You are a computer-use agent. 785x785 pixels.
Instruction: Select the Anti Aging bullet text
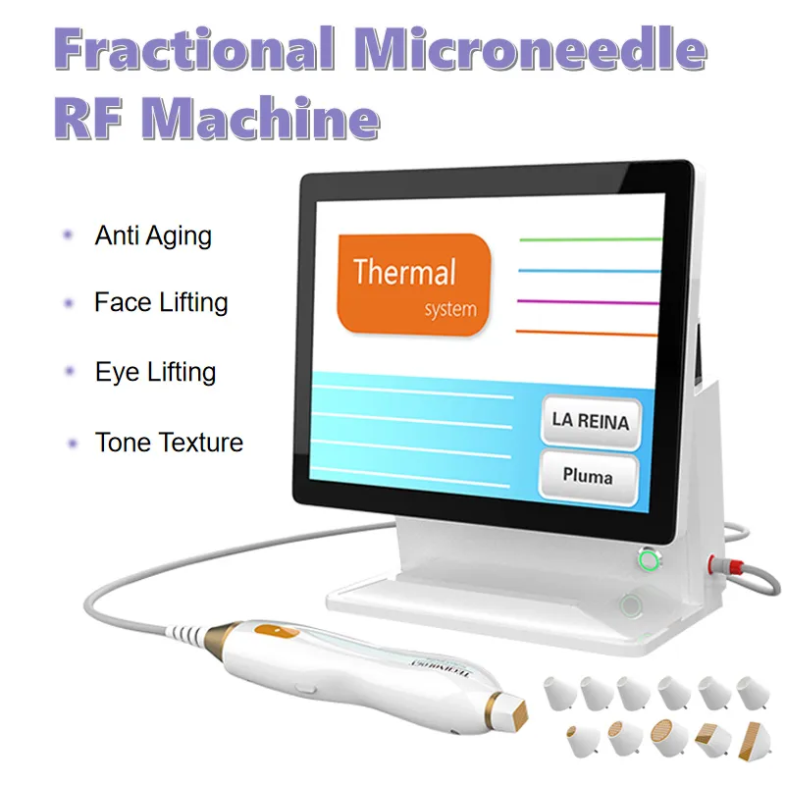tap(153, 236)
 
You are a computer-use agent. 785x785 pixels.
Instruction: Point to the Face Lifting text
tap(161, 302)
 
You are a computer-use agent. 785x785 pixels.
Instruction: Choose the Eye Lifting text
tap(155, 372)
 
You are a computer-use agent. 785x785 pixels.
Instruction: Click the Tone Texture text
tap(169, 443)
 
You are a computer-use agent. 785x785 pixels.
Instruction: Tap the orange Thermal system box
tap(412, 282)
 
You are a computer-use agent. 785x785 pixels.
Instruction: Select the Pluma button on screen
tap(588, 478)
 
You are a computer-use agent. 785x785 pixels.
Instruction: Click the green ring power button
tap(647, 560)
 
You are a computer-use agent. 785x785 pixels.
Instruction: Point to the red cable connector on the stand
tap(710, 562)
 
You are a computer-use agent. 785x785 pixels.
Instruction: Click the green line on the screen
tap(589, 238)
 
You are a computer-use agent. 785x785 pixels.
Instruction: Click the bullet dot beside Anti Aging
tap(68, 236)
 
